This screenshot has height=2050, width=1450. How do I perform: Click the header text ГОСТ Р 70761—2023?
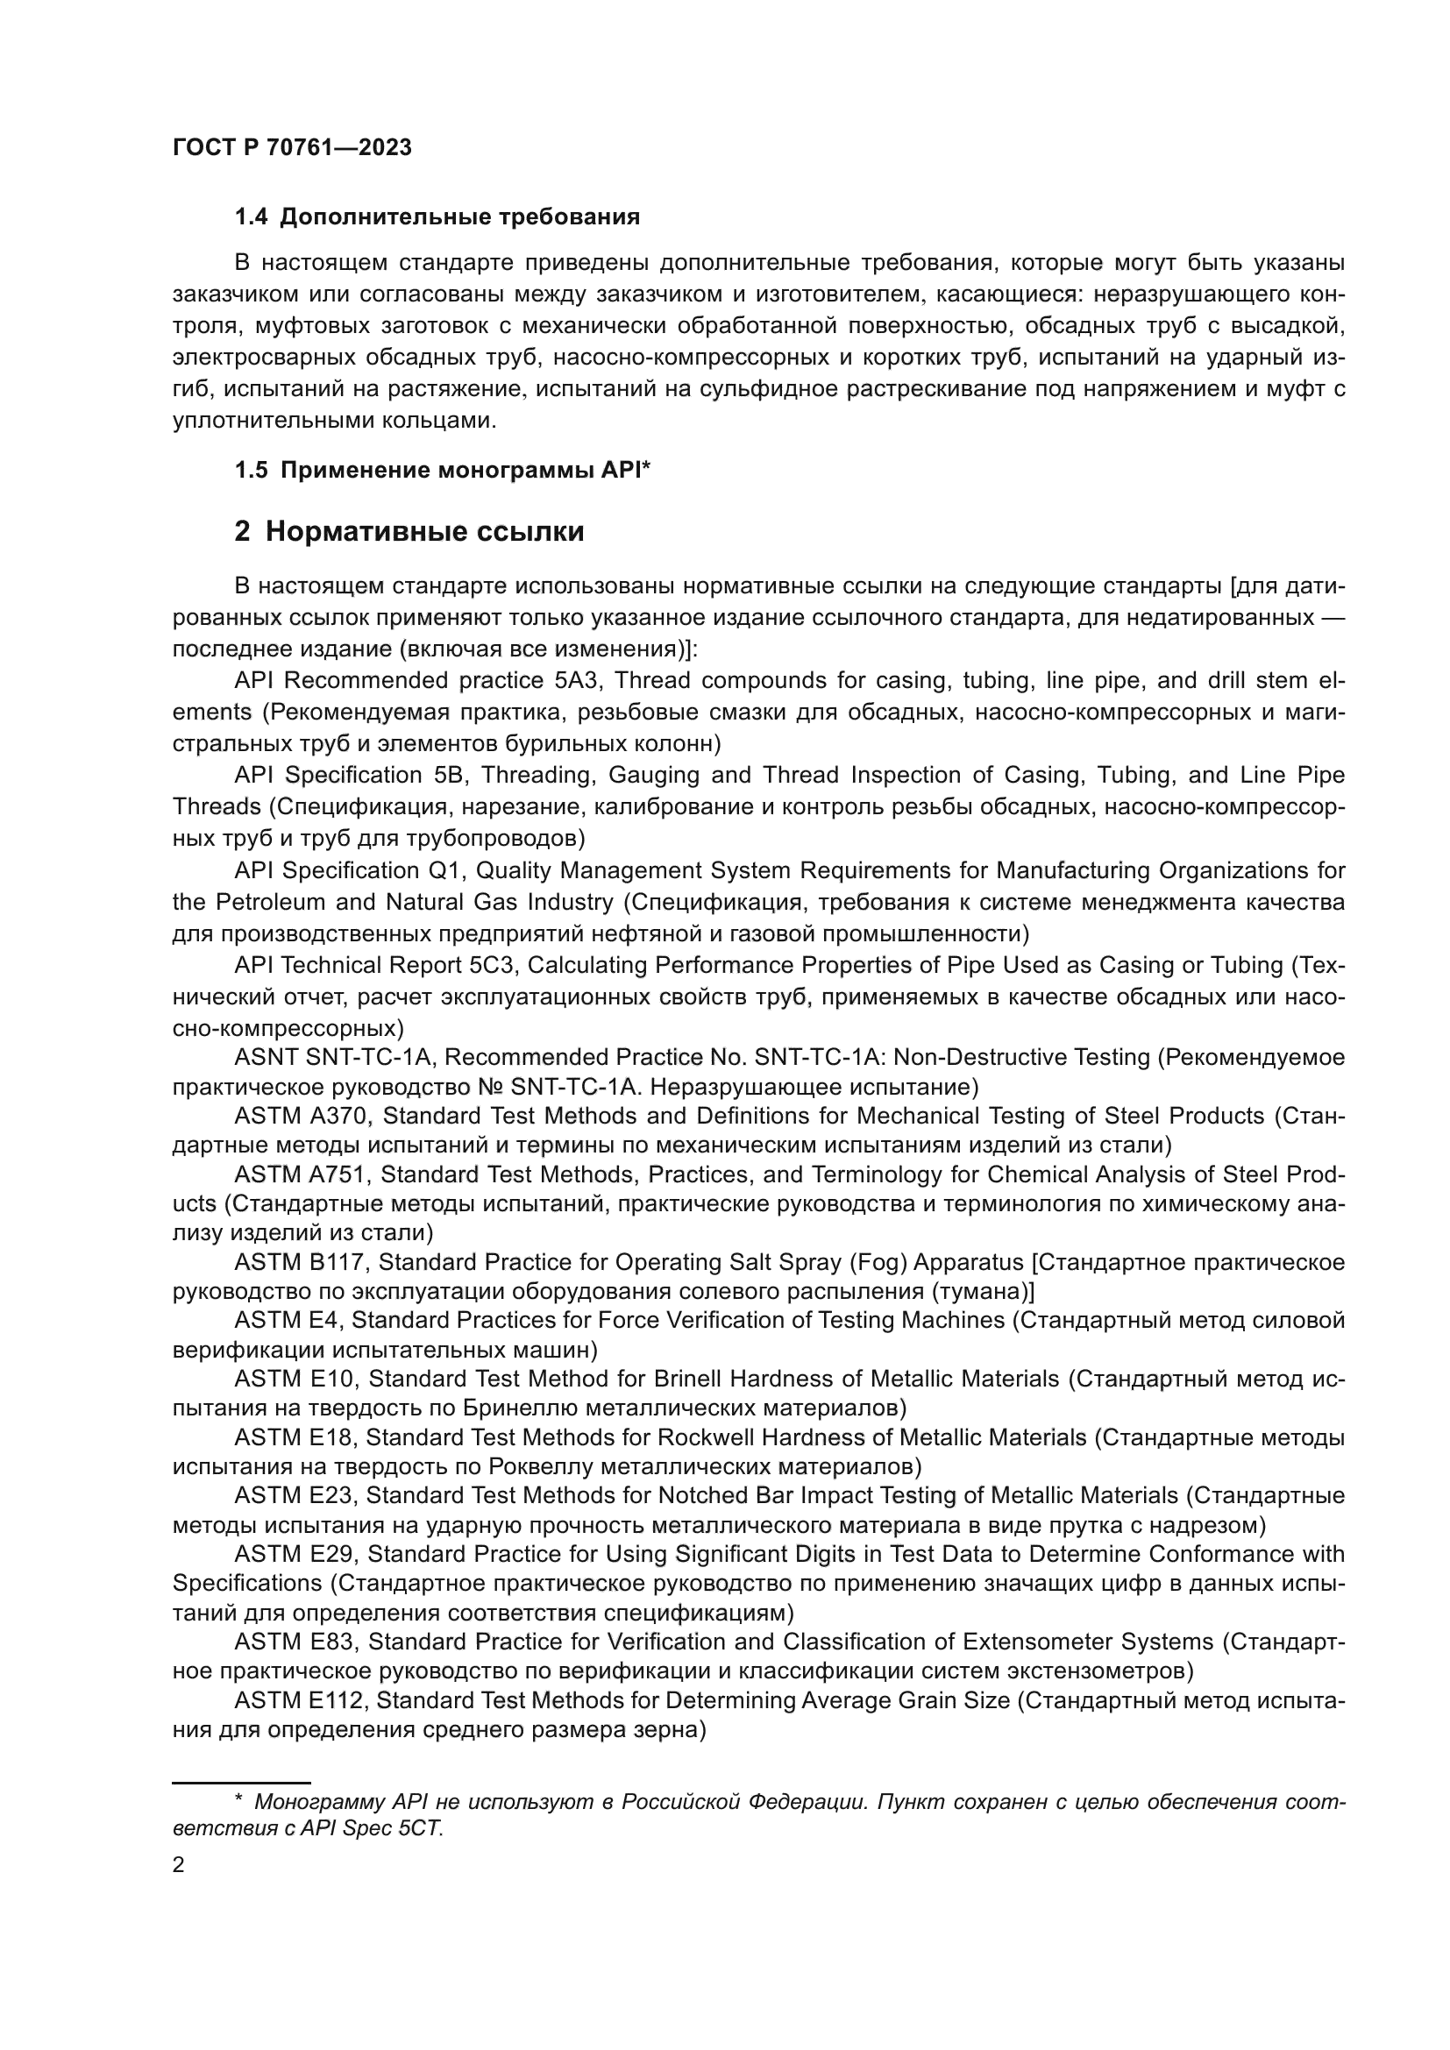(292, 148)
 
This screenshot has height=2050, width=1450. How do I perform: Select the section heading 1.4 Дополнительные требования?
(437, 217)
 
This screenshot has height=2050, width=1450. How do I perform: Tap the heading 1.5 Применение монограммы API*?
(442, 471)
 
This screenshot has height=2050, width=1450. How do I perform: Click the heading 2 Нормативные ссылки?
(409, 532)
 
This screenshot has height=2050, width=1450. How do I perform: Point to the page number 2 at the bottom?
(179, 1864)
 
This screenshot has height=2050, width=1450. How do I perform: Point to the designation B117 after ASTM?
(337, 1262)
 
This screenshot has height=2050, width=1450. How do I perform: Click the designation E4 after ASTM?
(326, 1321)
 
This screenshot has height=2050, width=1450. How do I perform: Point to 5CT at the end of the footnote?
(422, 1827)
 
